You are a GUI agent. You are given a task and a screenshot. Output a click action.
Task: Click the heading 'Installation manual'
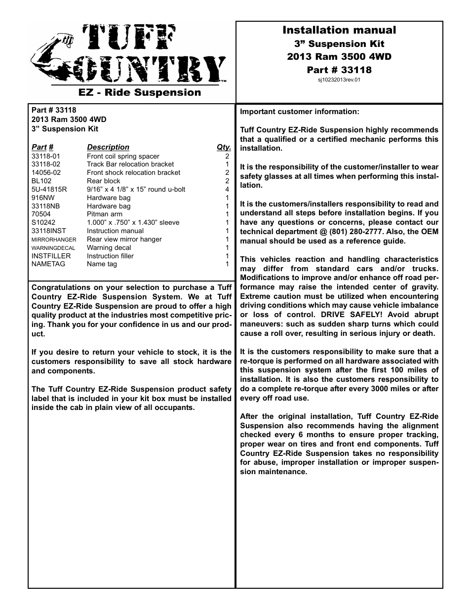pos(339,31)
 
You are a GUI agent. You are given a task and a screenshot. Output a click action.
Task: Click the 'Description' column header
pos(108,147)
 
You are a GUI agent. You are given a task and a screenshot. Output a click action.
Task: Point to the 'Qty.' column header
pos(224,147)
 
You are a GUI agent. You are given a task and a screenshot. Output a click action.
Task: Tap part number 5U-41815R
pos(49,190)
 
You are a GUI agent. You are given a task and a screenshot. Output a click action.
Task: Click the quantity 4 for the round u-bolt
pos(227,190)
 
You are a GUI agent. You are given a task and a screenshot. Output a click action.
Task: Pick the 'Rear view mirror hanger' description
pos(124,240)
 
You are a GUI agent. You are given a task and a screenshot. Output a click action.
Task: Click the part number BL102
pos(41,181)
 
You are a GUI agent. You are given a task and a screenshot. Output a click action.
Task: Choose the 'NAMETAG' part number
pos(48,264)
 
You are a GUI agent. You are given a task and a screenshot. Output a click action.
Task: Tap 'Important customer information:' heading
pos(299,112)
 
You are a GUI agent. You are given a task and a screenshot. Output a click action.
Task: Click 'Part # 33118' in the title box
pos(339,70)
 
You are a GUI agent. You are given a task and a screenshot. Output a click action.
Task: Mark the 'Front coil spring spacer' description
pos(123,156)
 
